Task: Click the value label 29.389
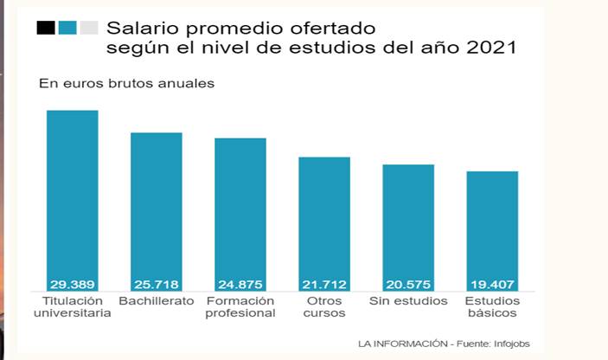point(72,284)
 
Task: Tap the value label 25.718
point(157,284)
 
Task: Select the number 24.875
point(240,284)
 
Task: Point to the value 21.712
point(324,284)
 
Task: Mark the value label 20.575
point(408,284)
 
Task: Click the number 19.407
point(492,284)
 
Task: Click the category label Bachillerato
point(157,301)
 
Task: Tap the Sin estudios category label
point(408,301)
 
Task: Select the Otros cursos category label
point(324,307)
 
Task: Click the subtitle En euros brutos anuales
point(126,84)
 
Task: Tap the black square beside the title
point(46,28)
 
